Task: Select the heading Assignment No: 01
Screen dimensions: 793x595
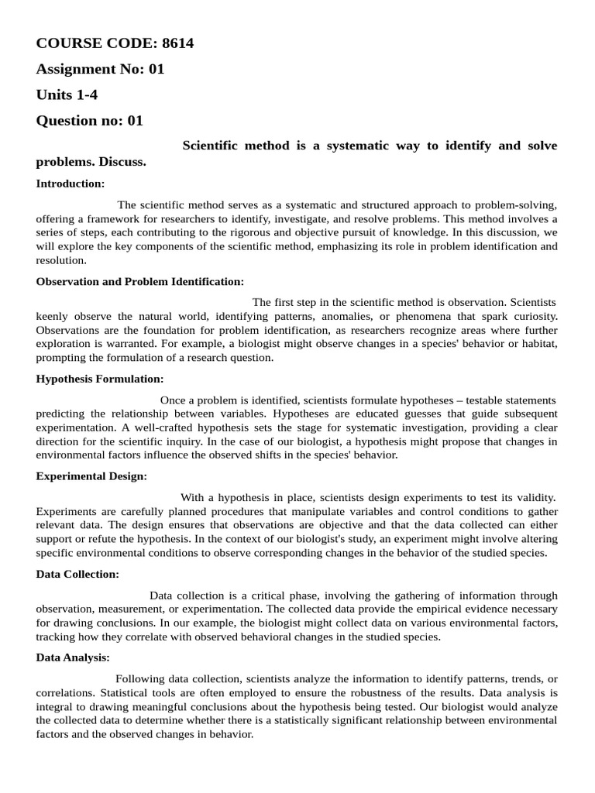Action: tap(101, 69)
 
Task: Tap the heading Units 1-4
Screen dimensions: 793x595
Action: tap(67, 94)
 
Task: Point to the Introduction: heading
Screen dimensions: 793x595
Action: tap(71, 184)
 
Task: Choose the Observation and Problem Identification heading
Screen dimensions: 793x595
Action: tap(140, 281)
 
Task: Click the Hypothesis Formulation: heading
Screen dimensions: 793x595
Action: tap(100, 379)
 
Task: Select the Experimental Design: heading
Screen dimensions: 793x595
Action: tap(91, 476)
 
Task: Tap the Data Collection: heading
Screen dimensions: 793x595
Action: tap(78, 574)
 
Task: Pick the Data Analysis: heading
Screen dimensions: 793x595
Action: tap(74, 657)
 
